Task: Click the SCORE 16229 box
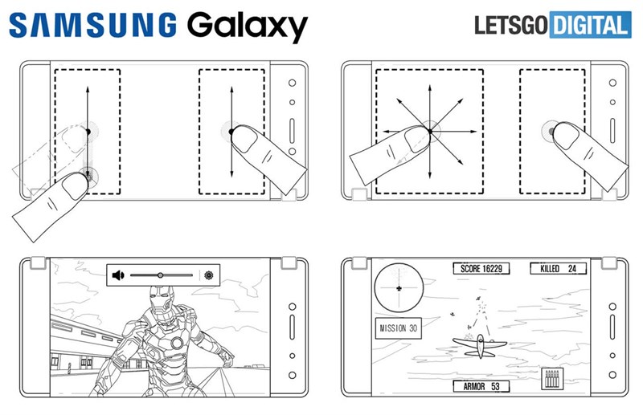[x=481, y=268]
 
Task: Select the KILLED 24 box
[x=556, y=268]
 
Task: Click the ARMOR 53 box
[x=481, y=387]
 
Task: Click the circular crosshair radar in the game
[x=397, y=287]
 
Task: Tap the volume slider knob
[x=161, y=275]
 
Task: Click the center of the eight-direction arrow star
[x=430, y=130]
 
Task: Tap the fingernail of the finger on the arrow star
[x=417, y=141]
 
